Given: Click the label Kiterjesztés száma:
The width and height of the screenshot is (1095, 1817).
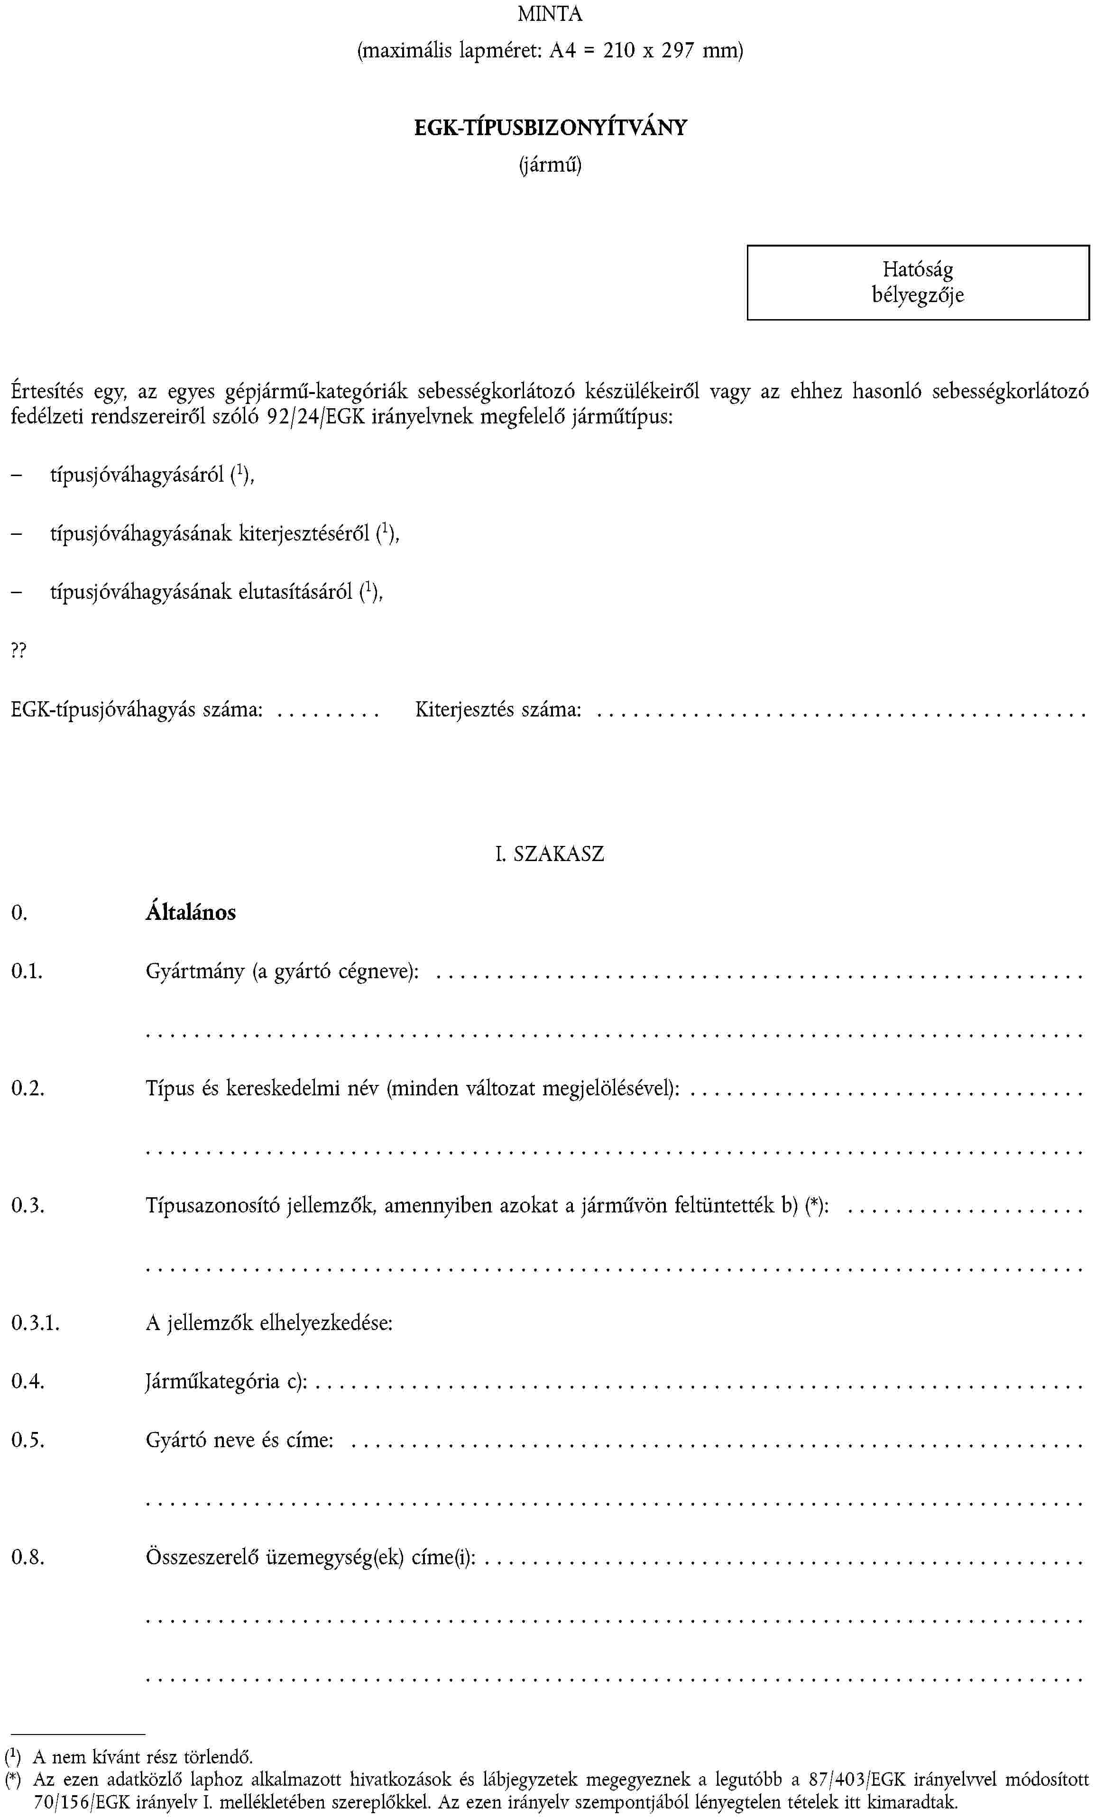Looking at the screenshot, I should click(498, 710).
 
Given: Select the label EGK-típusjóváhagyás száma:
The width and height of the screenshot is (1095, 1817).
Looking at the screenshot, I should click(137, 710).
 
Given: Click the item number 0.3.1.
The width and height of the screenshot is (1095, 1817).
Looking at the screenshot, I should click(35, 1323).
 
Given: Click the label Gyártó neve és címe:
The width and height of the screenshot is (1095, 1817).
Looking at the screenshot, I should click(239, 1440).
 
